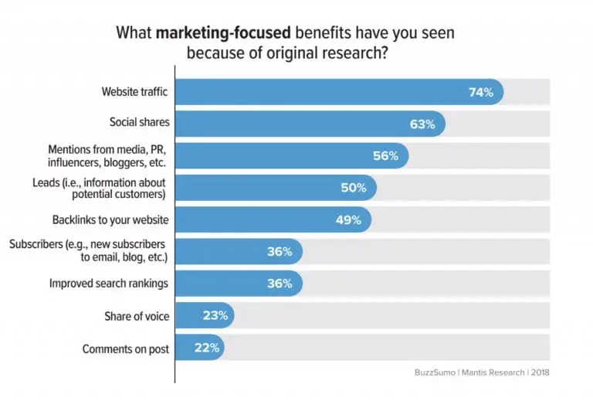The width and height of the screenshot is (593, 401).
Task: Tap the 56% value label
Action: pos(385,155)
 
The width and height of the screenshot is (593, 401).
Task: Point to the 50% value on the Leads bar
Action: pos(354,188)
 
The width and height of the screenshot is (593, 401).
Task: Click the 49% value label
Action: pos(348,219)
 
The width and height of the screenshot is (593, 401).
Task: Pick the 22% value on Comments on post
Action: pos(207,348)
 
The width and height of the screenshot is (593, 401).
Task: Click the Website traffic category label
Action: pos(134,92)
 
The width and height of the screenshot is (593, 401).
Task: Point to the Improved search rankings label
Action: pos(108,284)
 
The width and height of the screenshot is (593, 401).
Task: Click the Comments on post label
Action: pos(125,348)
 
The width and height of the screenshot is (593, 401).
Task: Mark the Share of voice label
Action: pos(136,316)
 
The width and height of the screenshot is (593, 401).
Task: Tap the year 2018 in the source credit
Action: pos(537,372)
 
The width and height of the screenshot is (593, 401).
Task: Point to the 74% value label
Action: pos(481,92)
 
